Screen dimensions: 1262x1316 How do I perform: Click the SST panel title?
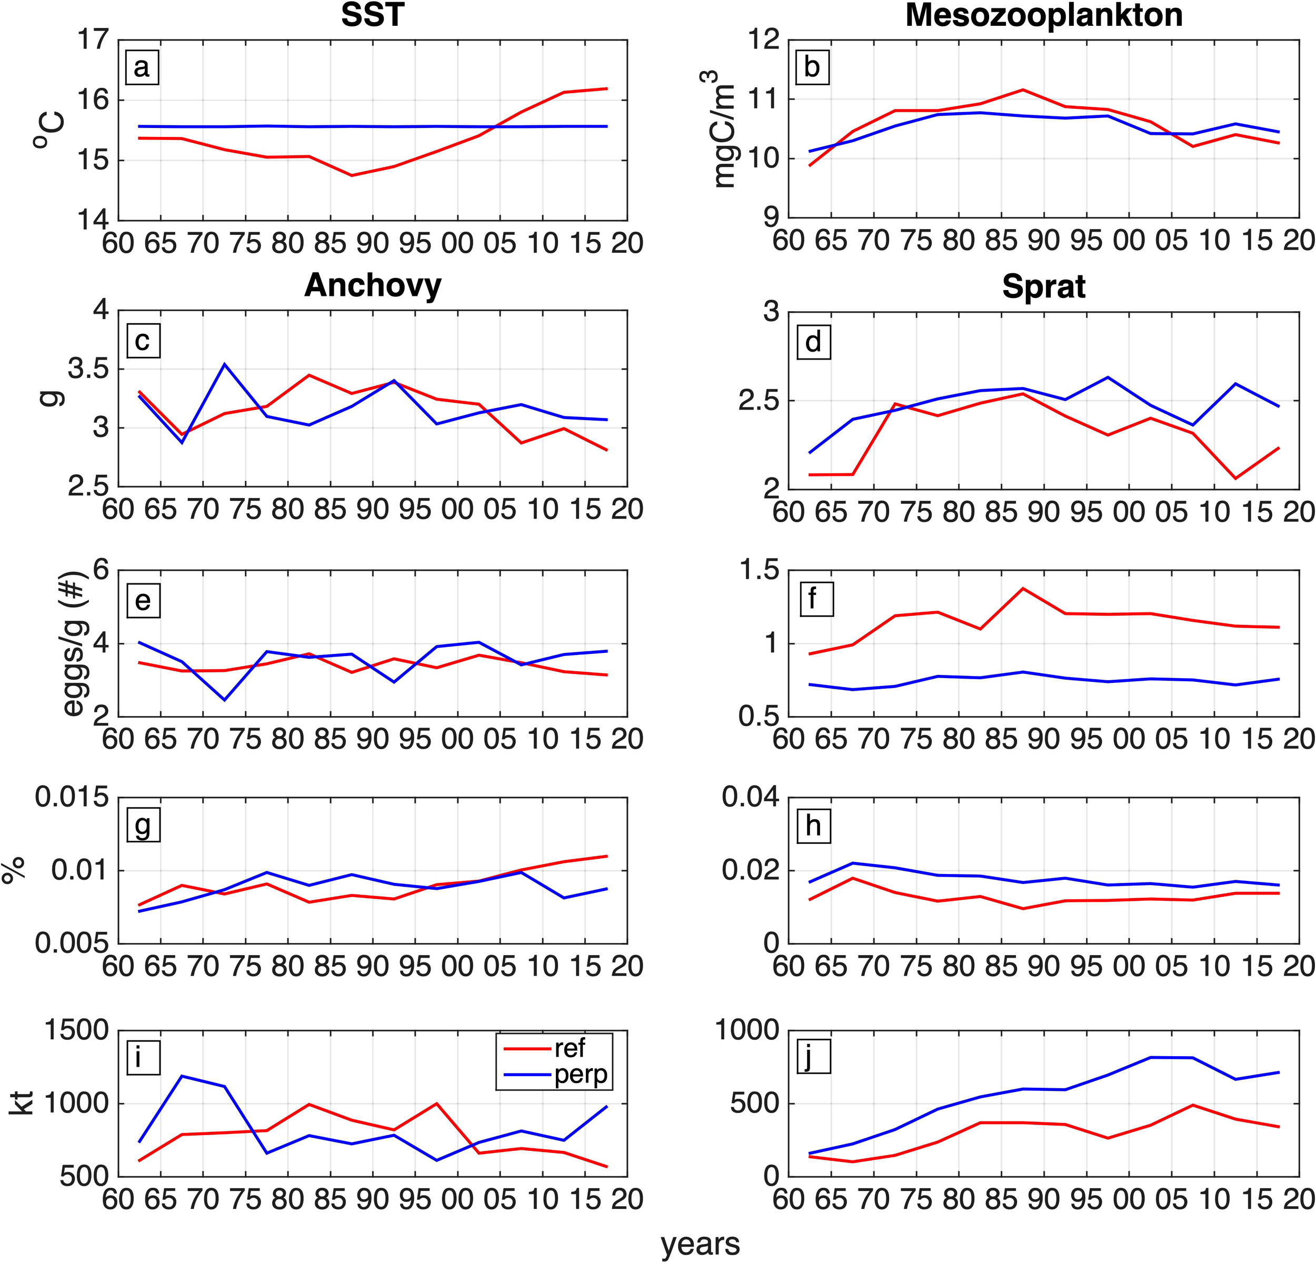click(x=373, y=15)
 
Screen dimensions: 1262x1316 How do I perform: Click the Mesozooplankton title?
click(x=1043, y=15)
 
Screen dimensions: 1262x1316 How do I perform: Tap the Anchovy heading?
click(x=373, y=285)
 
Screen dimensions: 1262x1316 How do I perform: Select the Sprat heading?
click(x=1043, y=287)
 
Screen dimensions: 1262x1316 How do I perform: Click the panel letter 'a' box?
click(x=142, y=68)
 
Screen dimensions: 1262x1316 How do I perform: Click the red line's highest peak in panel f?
click(x=1023, y=588)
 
